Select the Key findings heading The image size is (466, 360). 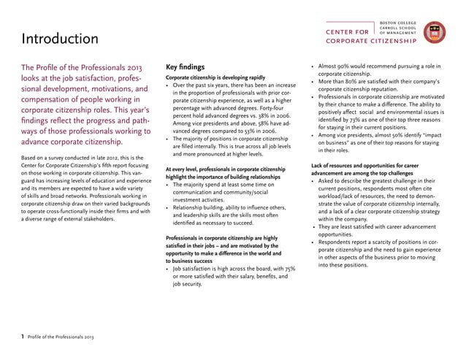[191, 65]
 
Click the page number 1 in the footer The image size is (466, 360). [22, 337]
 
